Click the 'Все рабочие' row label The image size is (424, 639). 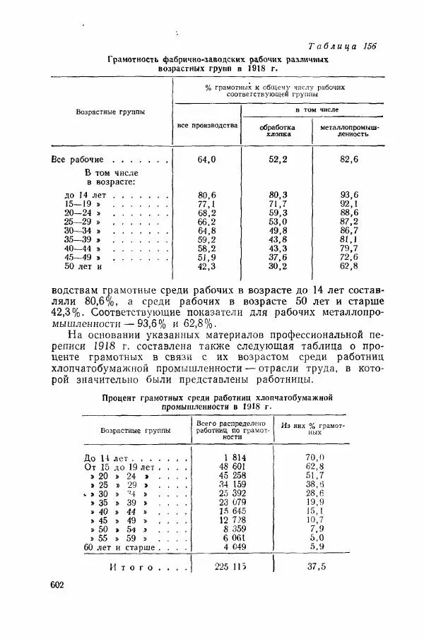pyautogui.click(x=78, y=160)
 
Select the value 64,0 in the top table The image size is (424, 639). pyautogui.click(x=206, y=160)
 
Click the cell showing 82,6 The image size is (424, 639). pyautogui.click(x=349, y=160)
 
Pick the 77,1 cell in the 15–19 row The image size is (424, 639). pyautogui.click(x=206, y=203)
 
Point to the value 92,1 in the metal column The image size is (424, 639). pyautogui.click(x=349, y=203)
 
